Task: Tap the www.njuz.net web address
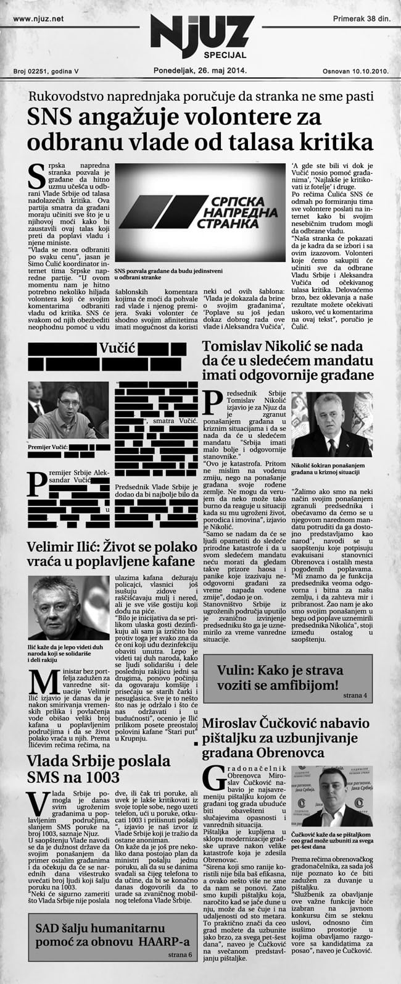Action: (38, 20)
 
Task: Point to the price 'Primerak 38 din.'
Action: (361, 20)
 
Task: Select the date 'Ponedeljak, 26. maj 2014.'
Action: (200, 70)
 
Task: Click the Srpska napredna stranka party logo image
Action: (200, 212)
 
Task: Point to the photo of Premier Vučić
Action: (67, 410)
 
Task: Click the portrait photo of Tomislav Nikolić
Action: (332, 424)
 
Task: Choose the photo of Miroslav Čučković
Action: (337, 797)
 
